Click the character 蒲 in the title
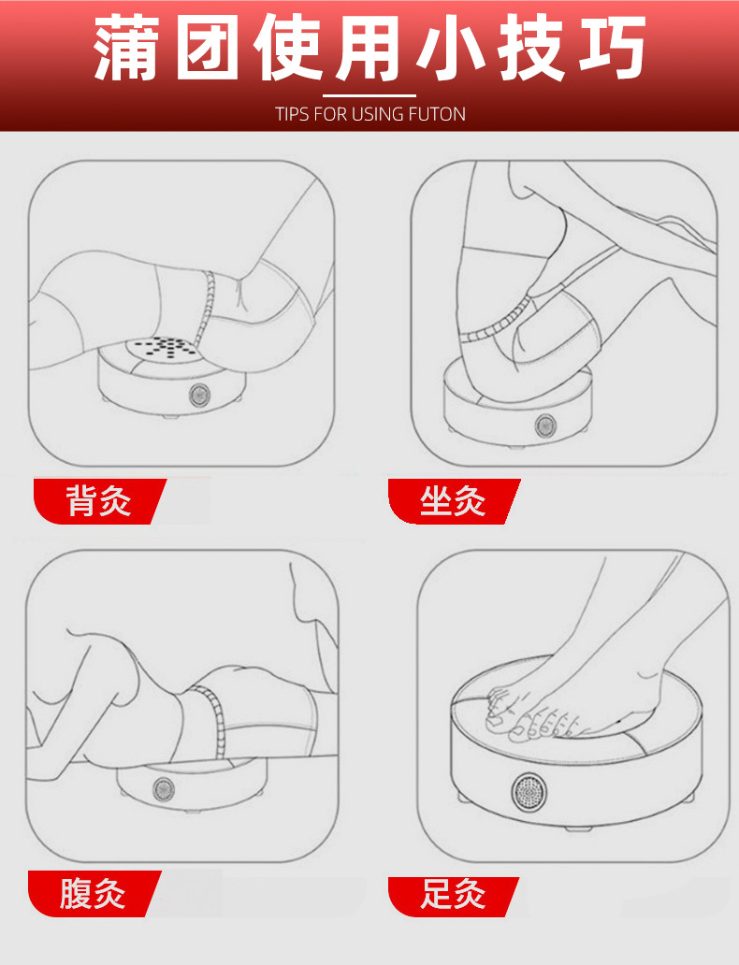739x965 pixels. point(126,48)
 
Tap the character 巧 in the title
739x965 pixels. point(612,48)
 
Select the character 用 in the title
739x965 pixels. point(369,48)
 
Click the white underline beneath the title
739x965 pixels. point(369,96)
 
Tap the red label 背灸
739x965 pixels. point(99,501)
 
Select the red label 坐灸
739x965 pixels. point(454,501)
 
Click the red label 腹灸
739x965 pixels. point(94,894)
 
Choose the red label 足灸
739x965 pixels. point(454,896)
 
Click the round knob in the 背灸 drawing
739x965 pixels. point(199,395)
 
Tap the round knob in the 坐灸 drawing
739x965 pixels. point(545,425)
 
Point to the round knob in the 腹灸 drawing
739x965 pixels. point(163,787)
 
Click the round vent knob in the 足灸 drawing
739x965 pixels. point(529,791)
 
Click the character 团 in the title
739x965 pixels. point(207,48)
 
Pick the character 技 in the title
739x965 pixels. point(530,48)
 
